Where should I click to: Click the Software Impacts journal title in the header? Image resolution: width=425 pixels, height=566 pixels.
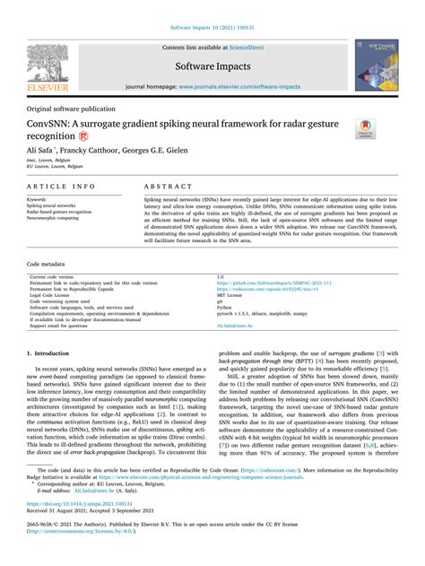pos(212,65)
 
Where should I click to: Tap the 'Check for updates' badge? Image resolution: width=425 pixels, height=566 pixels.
pos(365,131)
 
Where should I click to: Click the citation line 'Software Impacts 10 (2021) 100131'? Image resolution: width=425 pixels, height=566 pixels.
pos(212,27)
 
